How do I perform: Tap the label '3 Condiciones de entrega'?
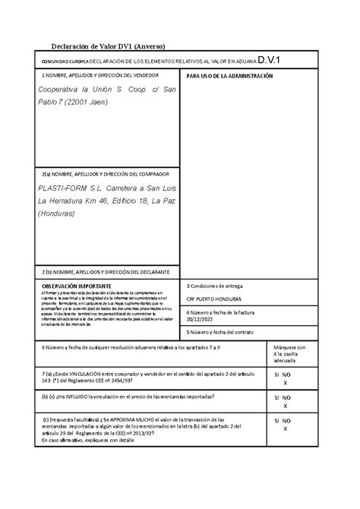pyautogui.click(x=214, y=286)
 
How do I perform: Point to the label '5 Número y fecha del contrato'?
pyautogui.click(x=220, y=332)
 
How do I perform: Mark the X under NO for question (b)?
pyautogui.click(x=285, y=406)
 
